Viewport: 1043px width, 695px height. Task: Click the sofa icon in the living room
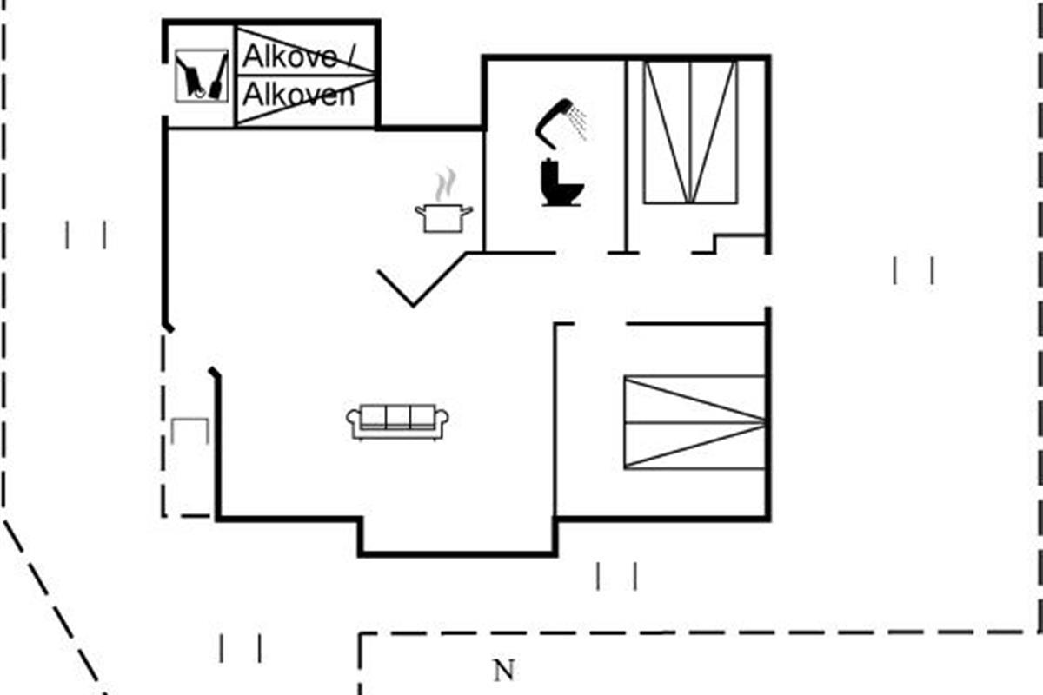click(398, 421)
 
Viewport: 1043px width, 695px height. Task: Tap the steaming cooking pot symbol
click(444, 201)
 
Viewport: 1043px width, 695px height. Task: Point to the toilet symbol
click(562, 182)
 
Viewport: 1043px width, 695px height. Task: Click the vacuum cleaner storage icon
click(202, 76)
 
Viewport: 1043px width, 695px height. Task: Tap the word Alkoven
click(298, 95)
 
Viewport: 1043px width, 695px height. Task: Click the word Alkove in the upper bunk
click(289, 56)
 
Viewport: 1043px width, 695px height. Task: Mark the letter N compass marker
click(504, 671)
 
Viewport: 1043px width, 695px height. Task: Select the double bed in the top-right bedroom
click(690, 132)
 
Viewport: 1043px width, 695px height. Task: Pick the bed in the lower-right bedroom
click(694, 422)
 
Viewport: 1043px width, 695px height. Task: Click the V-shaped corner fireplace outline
click(422, 280)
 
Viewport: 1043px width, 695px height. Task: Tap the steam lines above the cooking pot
click(445, 184)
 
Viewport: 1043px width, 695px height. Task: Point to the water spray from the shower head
click(578, 122)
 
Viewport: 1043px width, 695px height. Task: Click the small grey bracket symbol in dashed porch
click(190, 431)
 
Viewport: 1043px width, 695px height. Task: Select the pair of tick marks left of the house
click(86, 235)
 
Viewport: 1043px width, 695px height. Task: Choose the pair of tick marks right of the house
click(913, 270)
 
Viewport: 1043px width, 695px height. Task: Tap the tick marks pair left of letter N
click(240, 648)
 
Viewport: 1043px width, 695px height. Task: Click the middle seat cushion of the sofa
click(398, 416)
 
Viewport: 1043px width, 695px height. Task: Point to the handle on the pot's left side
click(420, 210)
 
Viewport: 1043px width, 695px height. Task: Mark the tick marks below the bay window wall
click(616, 576)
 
